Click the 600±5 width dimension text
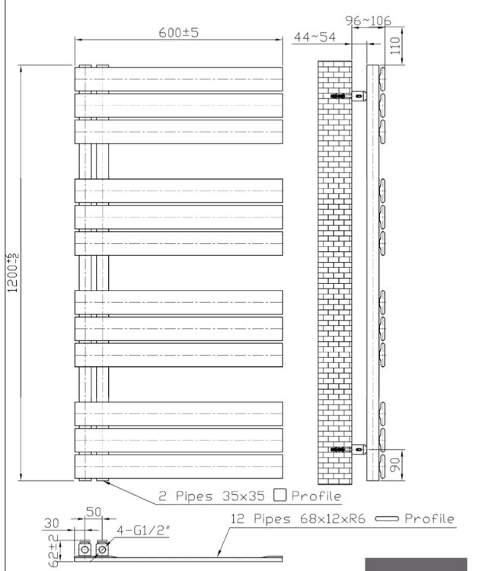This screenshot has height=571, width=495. click(178, 33)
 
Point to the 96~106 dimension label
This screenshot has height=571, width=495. click(368, 21)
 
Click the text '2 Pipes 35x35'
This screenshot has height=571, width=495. click(212, 496)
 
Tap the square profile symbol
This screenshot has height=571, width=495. click(279, 495)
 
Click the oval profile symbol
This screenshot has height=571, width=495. click(387, 519)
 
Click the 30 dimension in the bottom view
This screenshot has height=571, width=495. click(53, 524)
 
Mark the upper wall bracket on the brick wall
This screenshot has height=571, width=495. click(348, 97)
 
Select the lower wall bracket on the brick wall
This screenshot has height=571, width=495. click(348, 449)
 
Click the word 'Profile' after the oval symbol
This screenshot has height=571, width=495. click(429, 519)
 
